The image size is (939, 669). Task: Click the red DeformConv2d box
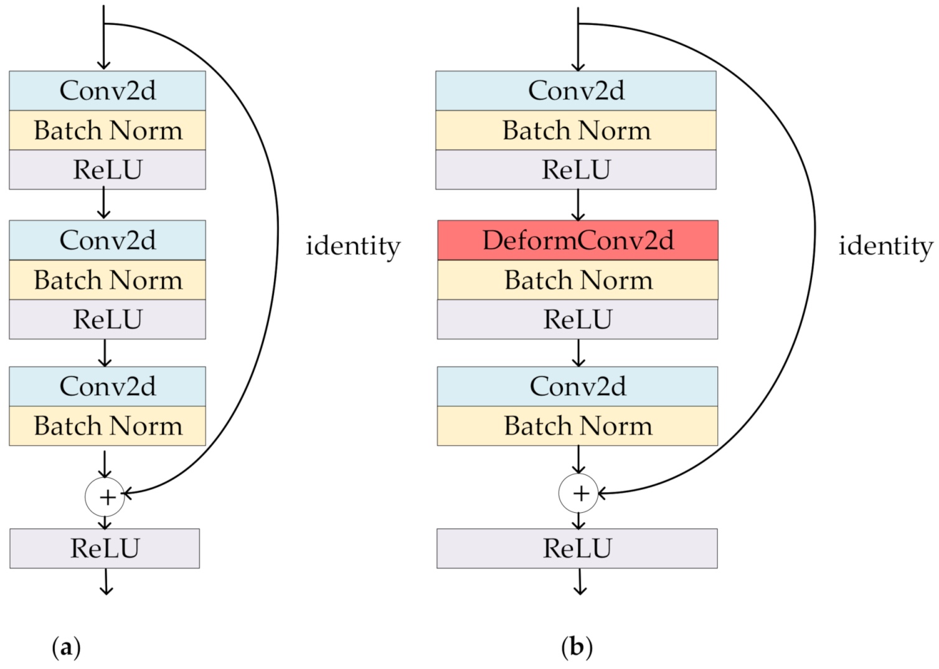577,240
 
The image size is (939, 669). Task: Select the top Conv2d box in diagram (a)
107,91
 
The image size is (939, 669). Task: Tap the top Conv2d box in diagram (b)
575,91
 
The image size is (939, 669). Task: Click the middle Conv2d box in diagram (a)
107,240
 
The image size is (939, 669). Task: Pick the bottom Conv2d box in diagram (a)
107,386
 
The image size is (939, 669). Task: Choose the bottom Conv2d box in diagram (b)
577,386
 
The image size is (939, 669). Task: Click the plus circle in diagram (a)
105,497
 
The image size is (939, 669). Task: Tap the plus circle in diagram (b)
578,494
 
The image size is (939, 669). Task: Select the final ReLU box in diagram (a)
105,548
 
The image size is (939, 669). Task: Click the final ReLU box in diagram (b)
577,548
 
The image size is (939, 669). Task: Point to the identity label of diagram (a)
352,246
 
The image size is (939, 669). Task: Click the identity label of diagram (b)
885,246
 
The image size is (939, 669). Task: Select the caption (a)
66,647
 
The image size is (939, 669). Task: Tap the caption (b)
577,647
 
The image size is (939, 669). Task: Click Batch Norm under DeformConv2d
577,280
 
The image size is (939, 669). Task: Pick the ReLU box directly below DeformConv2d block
577,319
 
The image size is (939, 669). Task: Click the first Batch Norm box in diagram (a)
107,131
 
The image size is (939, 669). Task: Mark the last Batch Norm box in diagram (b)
577,426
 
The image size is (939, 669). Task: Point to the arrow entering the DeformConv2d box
578,205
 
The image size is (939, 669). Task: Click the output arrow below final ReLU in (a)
106,582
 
